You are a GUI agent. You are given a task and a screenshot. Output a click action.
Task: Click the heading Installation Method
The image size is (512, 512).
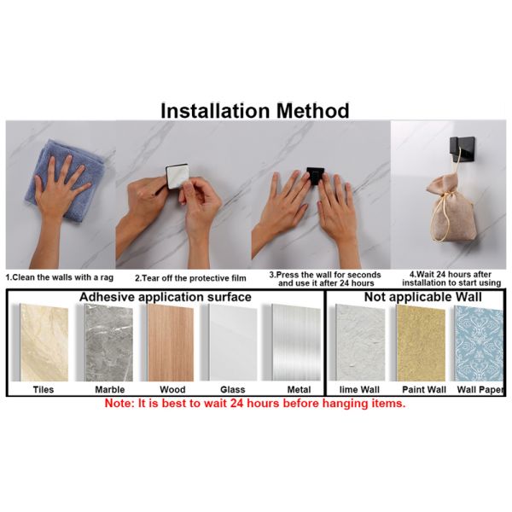255,110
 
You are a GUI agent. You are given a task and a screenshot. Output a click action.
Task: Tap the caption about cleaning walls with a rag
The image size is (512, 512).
60,277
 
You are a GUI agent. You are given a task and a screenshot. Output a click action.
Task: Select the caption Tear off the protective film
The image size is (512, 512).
190,278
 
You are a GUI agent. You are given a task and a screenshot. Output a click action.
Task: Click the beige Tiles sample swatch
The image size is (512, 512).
44,342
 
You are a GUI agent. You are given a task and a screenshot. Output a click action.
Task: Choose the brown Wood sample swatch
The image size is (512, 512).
171,342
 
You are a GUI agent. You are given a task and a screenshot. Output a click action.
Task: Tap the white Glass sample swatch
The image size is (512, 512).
232,342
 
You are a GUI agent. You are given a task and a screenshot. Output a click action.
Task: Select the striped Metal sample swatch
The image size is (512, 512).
296,342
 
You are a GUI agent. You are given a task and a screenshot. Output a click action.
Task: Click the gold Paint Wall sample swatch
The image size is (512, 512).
422,343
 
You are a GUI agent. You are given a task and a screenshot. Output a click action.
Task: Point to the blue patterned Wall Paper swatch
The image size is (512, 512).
479,343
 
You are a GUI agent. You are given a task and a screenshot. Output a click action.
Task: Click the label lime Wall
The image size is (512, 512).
359,390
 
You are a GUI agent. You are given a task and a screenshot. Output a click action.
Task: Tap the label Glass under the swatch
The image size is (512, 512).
232,390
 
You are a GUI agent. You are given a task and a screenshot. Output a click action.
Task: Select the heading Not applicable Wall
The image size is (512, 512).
423,297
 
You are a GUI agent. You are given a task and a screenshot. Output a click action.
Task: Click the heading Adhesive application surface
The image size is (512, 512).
166,297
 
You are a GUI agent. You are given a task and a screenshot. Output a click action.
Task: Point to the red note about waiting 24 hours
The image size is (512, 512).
255,404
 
